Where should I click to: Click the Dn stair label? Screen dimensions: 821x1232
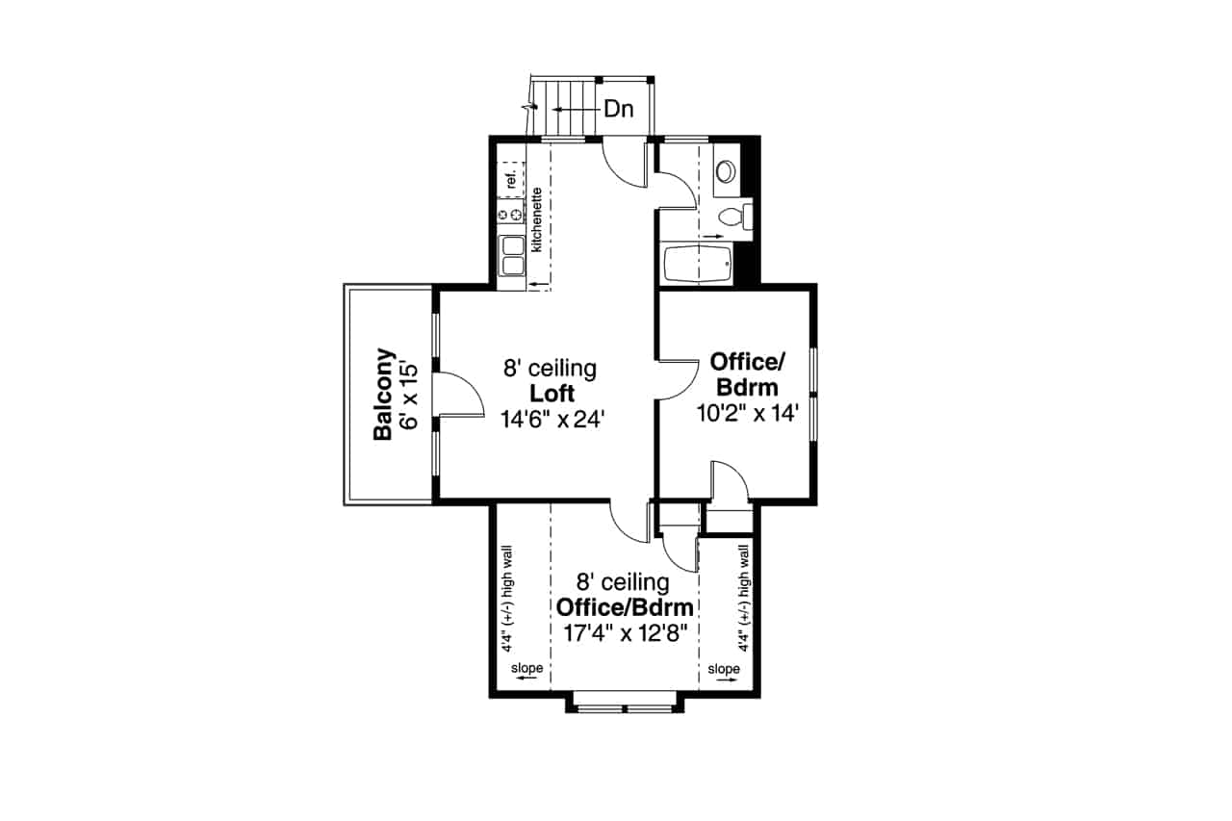tap(619, 110)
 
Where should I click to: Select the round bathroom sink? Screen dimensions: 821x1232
tap(725, 171)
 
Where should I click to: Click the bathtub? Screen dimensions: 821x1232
tap(697, 263)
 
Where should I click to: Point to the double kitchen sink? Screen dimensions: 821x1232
tap(511, 256)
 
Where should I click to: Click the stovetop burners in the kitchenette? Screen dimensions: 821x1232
tap(509, 214)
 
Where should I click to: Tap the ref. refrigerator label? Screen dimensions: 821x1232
tap(511, 178)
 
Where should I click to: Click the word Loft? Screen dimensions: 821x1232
tap(552, 393)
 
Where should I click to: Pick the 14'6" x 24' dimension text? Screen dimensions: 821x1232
tap(551, 419)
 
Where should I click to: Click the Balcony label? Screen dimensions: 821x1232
tap(383, 394)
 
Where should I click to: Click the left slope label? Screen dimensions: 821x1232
tap(526, 669)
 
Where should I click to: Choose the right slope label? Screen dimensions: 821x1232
tap(724, 669)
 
